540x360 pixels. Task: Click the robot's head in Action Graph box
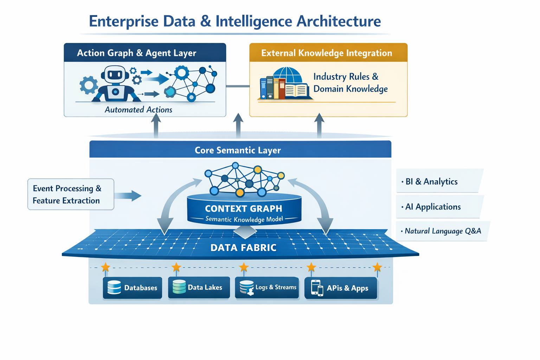point(115,75)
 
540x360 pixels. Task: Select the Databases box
point(133,288)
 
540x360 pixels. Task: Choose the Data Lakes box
point(199,287)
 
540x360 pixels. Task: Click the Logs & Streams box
point(267,287)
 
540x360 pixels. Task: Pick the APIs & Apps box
point(341,288)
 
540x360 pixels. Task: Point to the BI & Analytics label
point(431,181)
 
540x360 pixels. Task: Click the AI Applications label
point(433,207)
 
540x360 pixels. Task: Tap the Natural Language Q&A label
point(443,231)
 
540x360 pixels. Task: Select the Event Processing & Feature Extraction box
point(71,194)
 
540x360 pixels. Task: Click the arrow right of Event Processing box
point(128,195)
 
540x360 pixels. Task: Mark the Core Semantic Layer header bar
point(240,150)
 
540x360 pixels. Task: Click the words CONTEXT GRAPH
point(244,208)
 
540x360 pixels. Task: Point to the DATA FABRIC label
point(243,247)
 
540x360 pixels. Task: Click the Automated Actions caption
point(139,110)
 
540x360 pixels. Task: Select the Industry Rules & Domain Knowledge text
point(350,83)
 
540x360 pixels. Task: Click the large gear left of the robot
point(89,85)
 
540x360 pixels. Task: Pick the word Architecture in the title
point(339,21)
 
